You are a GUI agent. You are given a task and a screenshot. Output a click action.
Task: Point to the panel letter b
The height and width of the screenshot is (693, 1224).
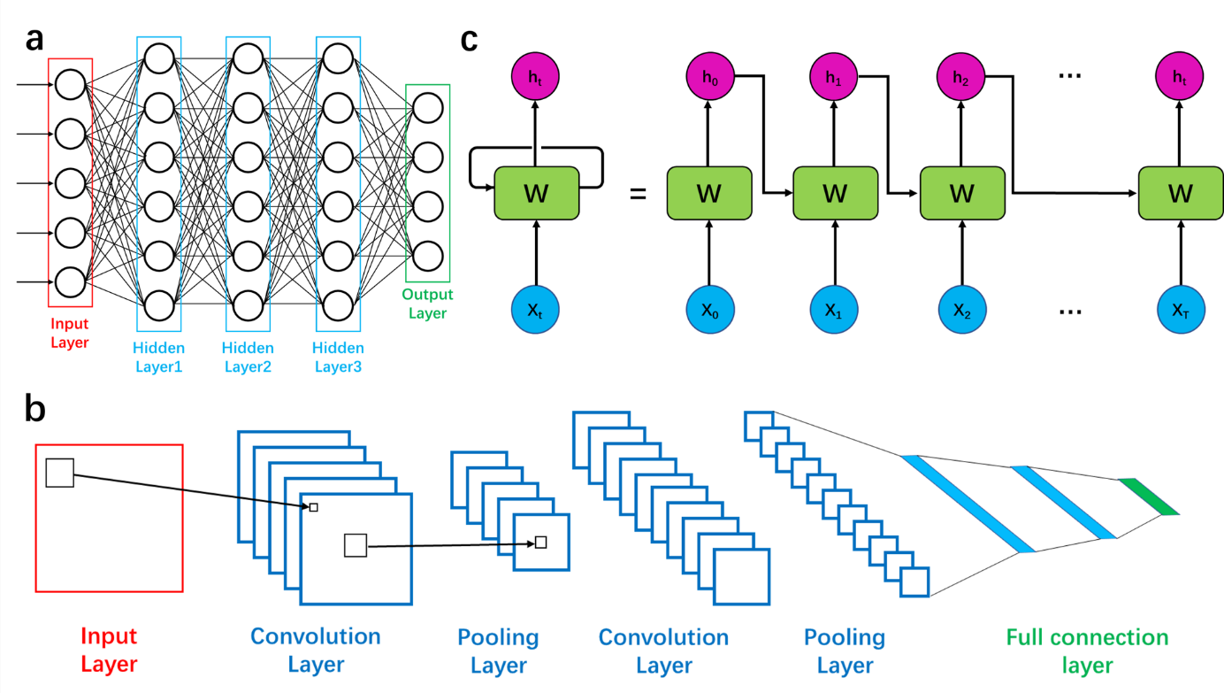tap(35, 409)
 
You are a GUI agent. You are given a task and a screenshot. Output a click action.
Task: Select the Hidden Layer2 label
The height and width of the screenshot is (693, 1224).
tap(248, 357)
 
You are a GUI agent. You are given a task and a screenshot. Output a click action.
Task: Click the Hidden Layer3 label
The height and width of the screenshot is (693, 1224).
tap(338, 357)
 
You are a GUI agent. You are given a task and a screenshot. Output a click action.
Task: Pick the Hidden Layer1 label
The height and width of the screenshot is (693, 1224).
tap(159, 357)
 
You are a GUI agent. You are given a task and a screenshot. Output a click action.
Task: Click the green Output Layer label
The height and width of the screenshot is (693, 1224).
tap(427, 304)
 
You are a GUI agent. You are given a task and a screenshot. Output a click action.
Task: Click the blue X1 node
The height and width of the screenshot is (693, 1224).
tap(835, 311)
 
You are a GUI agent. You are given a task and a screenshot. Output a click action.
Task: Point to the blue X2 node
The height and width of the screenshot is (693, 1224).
tap(961, 311)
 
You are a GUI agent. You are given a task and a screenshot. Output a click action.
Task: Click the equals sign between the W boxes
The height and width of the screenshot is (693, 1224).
tap(638, 192)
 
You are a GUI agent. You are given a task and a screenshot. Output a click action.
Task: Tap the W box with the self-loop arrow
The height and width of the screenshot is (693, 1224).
tap(536, 192)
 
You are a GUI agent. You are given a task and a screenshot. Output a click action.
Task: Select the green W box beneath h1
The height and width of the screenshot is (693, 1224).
tap(835, 192)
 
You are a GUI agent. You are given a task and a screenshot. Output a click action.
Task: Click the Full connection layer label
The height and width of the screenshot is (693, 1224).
tap(1087, 651)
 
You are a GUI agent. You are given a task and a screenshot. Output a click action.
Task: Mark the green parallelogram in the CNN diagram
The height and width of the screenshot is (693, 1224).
tap(1148, 497)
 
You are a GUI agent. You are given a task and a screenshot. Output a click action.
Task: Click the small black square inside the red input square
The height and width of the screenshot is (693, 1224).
tap(59, 473)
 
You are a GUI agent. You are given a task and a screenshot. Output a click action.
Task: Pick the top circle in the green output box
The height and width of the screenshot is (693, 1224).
tap(427, 108)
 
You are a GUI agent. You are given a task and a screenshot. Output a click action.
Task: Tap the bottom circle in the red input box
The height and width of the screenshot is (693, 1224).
tap(70, 283)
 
